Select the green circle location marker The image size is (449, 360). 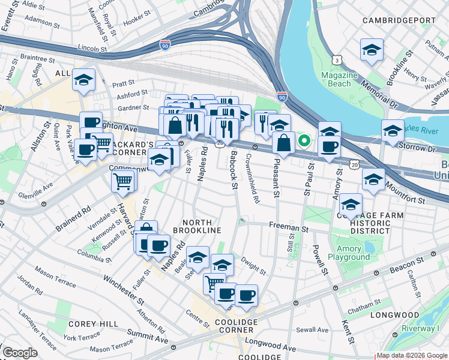tap(304, 142)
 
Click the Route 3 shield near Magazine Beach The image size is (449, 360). tap(338, 60)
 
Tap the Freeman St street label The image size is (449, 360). tap(288, 229)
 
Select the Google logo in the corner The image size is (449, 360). tap(20, 353)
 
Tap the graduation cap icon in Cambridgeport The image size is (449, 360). tap(372, 50)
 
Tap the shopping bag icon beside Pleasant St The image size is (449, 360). tap(284, 143)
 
